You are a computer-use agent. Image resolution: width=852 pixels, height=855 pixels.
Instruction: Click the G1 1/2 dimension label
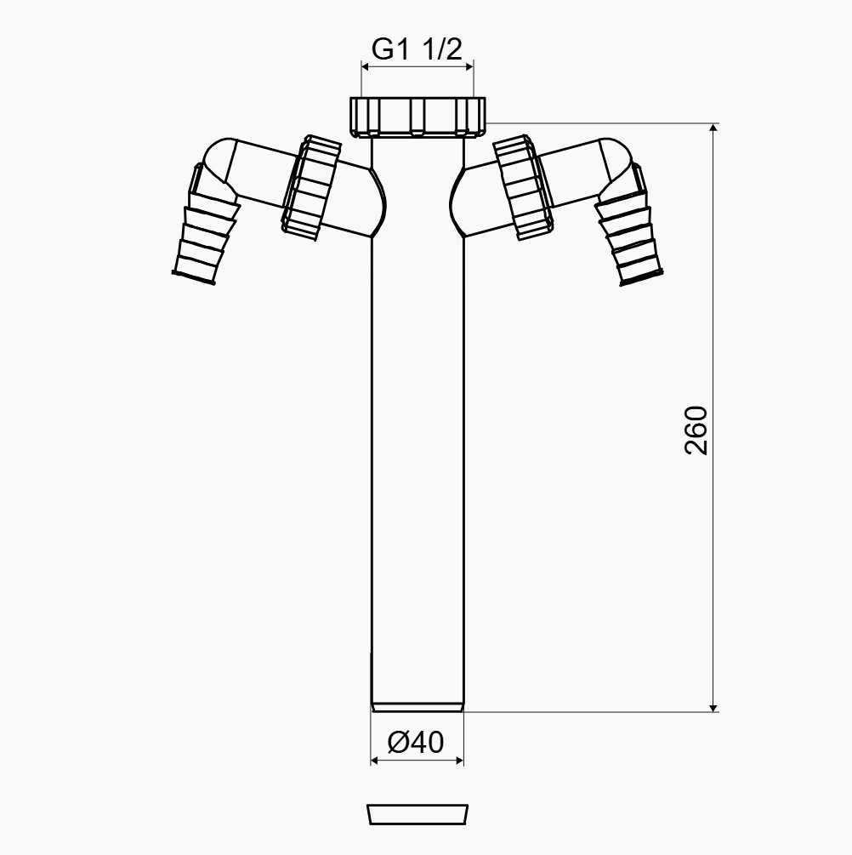[417, 49]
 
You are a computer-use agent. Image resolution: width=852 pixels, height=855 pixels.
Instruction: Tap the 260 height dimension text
[696, 430]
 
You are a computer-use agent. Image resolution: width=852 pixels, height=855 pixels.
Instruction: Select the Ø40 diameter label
[416, 742]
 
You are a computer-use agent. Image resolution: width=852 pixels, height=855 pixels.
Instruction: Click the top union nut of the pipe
[417, 117]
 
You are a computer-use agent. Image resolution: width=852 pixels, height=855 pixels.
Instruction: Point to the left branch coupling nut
[310, 187]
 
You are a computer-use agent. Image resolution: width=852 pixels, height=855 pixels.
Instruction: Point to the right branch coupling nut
[523, 187]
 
